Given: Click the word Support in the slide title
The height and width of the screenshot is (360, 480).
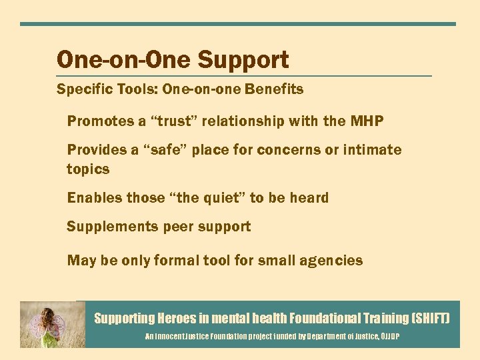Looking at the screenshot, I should (245, 60).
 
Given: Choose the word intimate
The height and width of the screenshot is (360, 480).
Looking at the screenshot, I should (371, 150).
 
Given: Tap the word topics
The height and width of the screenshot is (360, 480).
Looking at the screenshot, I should (88, 169).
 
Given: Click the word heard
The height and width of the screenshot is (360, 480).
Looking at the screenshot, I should (309, 198).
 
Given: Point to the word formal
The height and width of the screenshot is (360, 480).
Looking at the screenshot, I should (177, 260).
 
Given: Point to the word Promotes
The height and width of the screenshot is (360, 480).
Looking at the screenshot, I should (98, 121).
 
